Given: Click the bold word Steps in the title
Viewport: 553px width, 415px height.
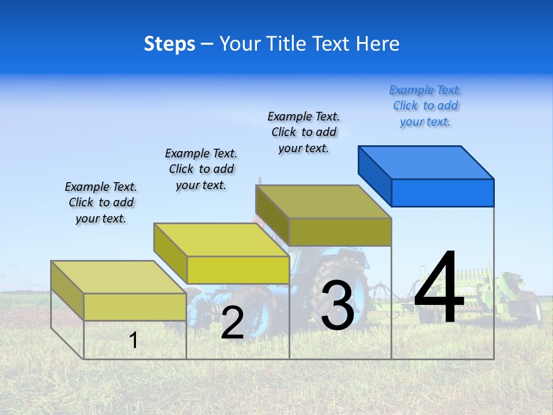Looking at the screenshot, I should [169, 44].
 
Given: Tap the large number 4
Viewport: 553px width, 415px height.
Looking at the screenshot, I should [439, 288].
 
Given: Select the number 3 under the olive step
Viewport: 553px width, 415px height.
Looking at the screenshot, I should [338, 305].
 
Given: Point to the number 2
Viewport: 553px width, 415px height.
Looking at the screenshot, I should [232, 323].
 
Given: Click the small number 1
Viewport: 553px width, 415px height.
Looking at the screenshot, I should [134, 340].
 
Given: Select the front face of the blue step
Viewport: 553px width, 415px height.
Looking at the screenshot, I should [442, 193].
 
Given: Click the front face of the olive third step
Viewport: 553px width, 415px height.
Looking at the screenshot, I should [340, 232].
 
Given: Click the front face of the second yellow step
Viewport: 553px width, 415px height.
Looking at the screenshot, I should [237, 270].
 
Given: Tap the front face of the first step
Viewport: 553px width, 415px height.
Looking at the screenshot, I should [135, 307].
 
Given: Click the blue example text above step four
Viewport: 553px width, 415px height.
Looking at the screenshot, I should [425, 105].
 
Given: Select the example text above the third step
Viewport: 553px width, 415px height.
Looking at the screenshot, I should [304, 132].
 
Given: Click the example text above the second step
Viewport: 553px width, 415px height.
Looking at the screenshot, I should [201, 169].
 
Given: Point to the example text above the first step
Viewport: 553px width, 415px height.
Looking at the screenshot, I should [101, 202].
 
